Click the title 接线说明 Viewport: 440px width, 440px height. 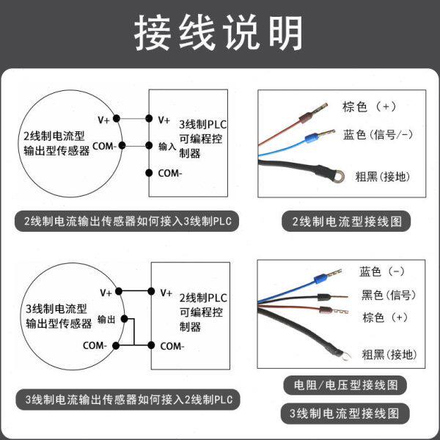pyautogui.click(x=219, y=33)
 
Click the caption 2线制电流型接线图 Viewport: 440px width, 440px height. pyautogui.click(x=347, y=221)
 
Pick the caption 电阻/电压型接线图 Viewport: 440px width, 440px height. pyautogui.click(x=345, y=384)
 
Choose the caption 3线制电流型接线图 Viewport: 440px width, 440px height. pyautogui.click(x=345, y=413)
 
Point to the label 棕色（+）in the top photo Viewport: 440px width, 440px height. pyautogui.click(x=370, y=106)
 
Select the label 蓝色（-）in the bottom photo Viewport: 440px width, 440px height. pyautogui.click(x=382, y=272)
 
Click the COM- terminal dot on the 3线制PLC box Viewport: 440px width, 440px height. pyautogui.click(x=150, y=173)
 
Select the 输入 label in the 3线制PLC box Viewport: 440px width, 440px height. pyautogui.click(x=167, y=146)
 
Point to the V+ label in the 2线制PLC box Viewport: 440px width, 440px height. pyautogui.click(x=166, y=292)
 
